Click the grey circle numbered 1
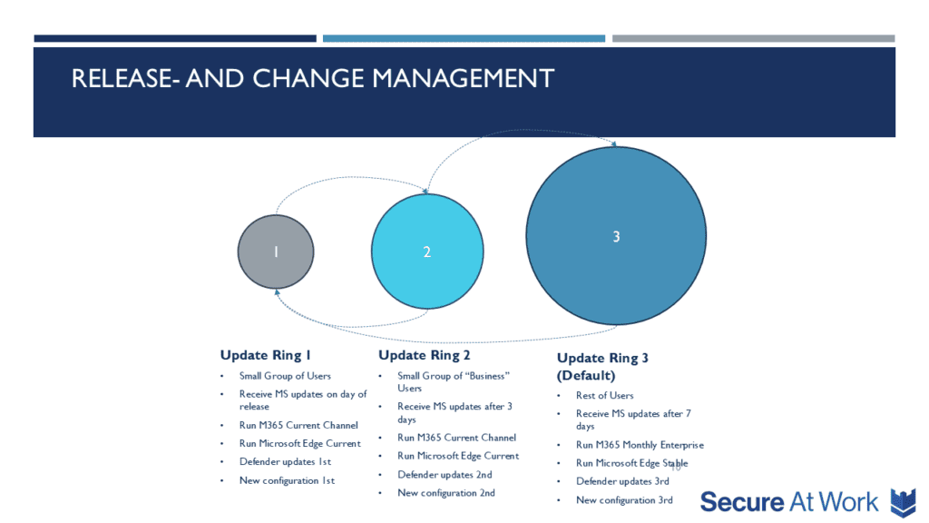[276, 252]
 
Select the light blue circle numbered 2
[427, 252]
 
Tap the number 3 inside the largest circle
[616, 237]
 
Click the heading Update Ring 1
[266, 355]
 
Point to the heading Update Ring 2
[425, 355]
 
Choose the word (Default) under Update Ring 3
[586, 375]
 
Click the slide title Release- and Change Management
[313, 78]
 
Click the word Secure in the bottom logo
[742, 502]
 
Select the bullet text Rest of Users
[605, 396]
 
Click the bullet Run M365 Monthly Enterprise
[640, 445]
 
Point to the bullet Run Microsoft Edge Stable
[632, 463]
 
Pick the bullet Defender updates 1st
[285, 461]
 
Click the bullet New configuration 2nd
[446, 493]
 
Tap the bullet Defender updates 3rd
[622, 481]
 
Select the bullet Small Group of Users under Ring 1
[285, 376]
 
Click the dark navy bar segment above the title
[175, 38]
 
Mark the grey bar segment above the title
[754, 38]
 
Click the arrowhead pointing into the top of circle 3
[614, 143]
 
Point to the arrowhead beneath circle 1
[277, 292]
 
